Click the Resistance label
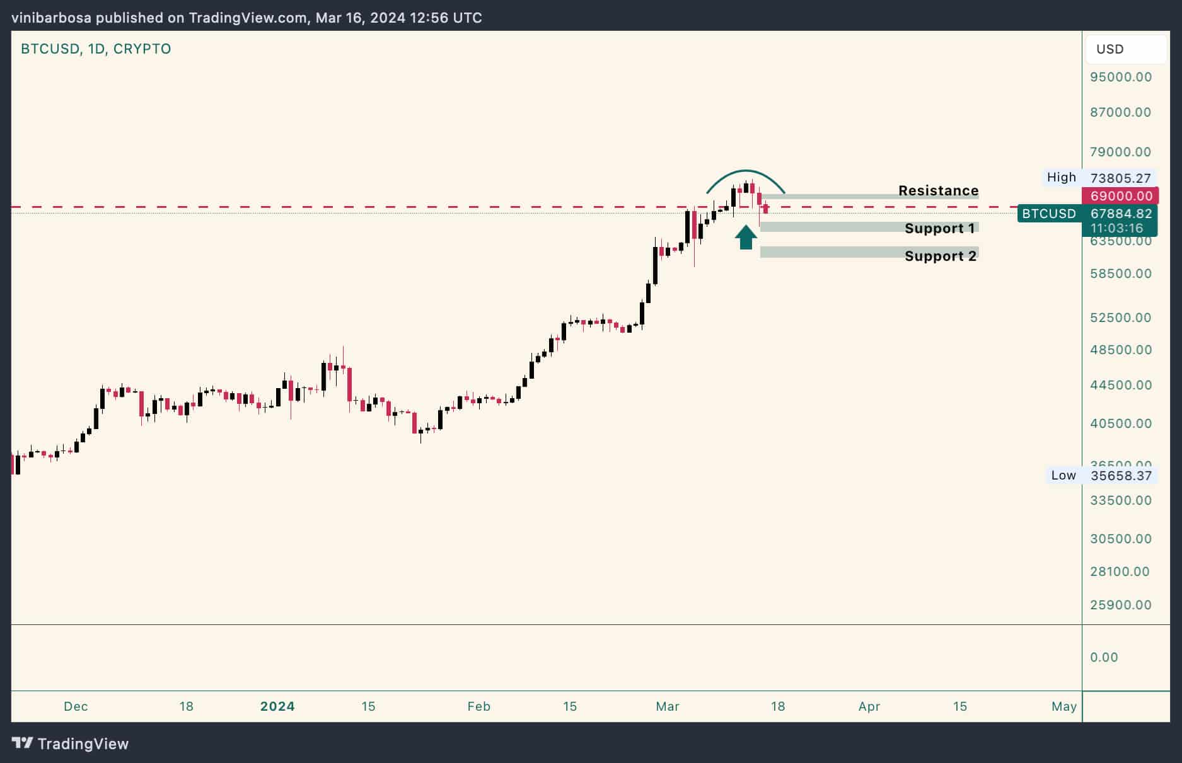click(938, 190)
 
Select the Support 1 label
click(939, 228)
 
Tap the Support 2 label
click(940, 256)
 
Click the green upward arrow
click(746, 238)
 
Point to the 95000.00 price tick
click(1120, 77)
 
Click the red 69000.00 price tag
click(1121, 196)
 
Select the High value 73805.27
click(1120, 178)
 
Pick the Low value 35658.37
click(1120, 476)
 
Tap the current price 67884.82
click(1120, 214)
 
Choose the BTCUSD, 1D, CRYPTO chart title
click(96, 49)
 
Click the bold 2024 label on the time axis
click(277, 706)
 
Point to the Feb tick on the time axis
click(478, 706)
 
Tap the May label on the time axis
click(1063, 706)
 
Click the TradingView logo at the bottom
click(70, 743)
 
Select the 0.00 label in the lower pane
click(1104, 657)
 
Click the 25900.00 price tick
click(1120, 605)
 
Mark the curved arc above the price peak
click(746, 171)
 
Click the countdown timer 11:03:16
click(1116, 228)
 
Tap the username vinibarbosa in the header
click(52, 18)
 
